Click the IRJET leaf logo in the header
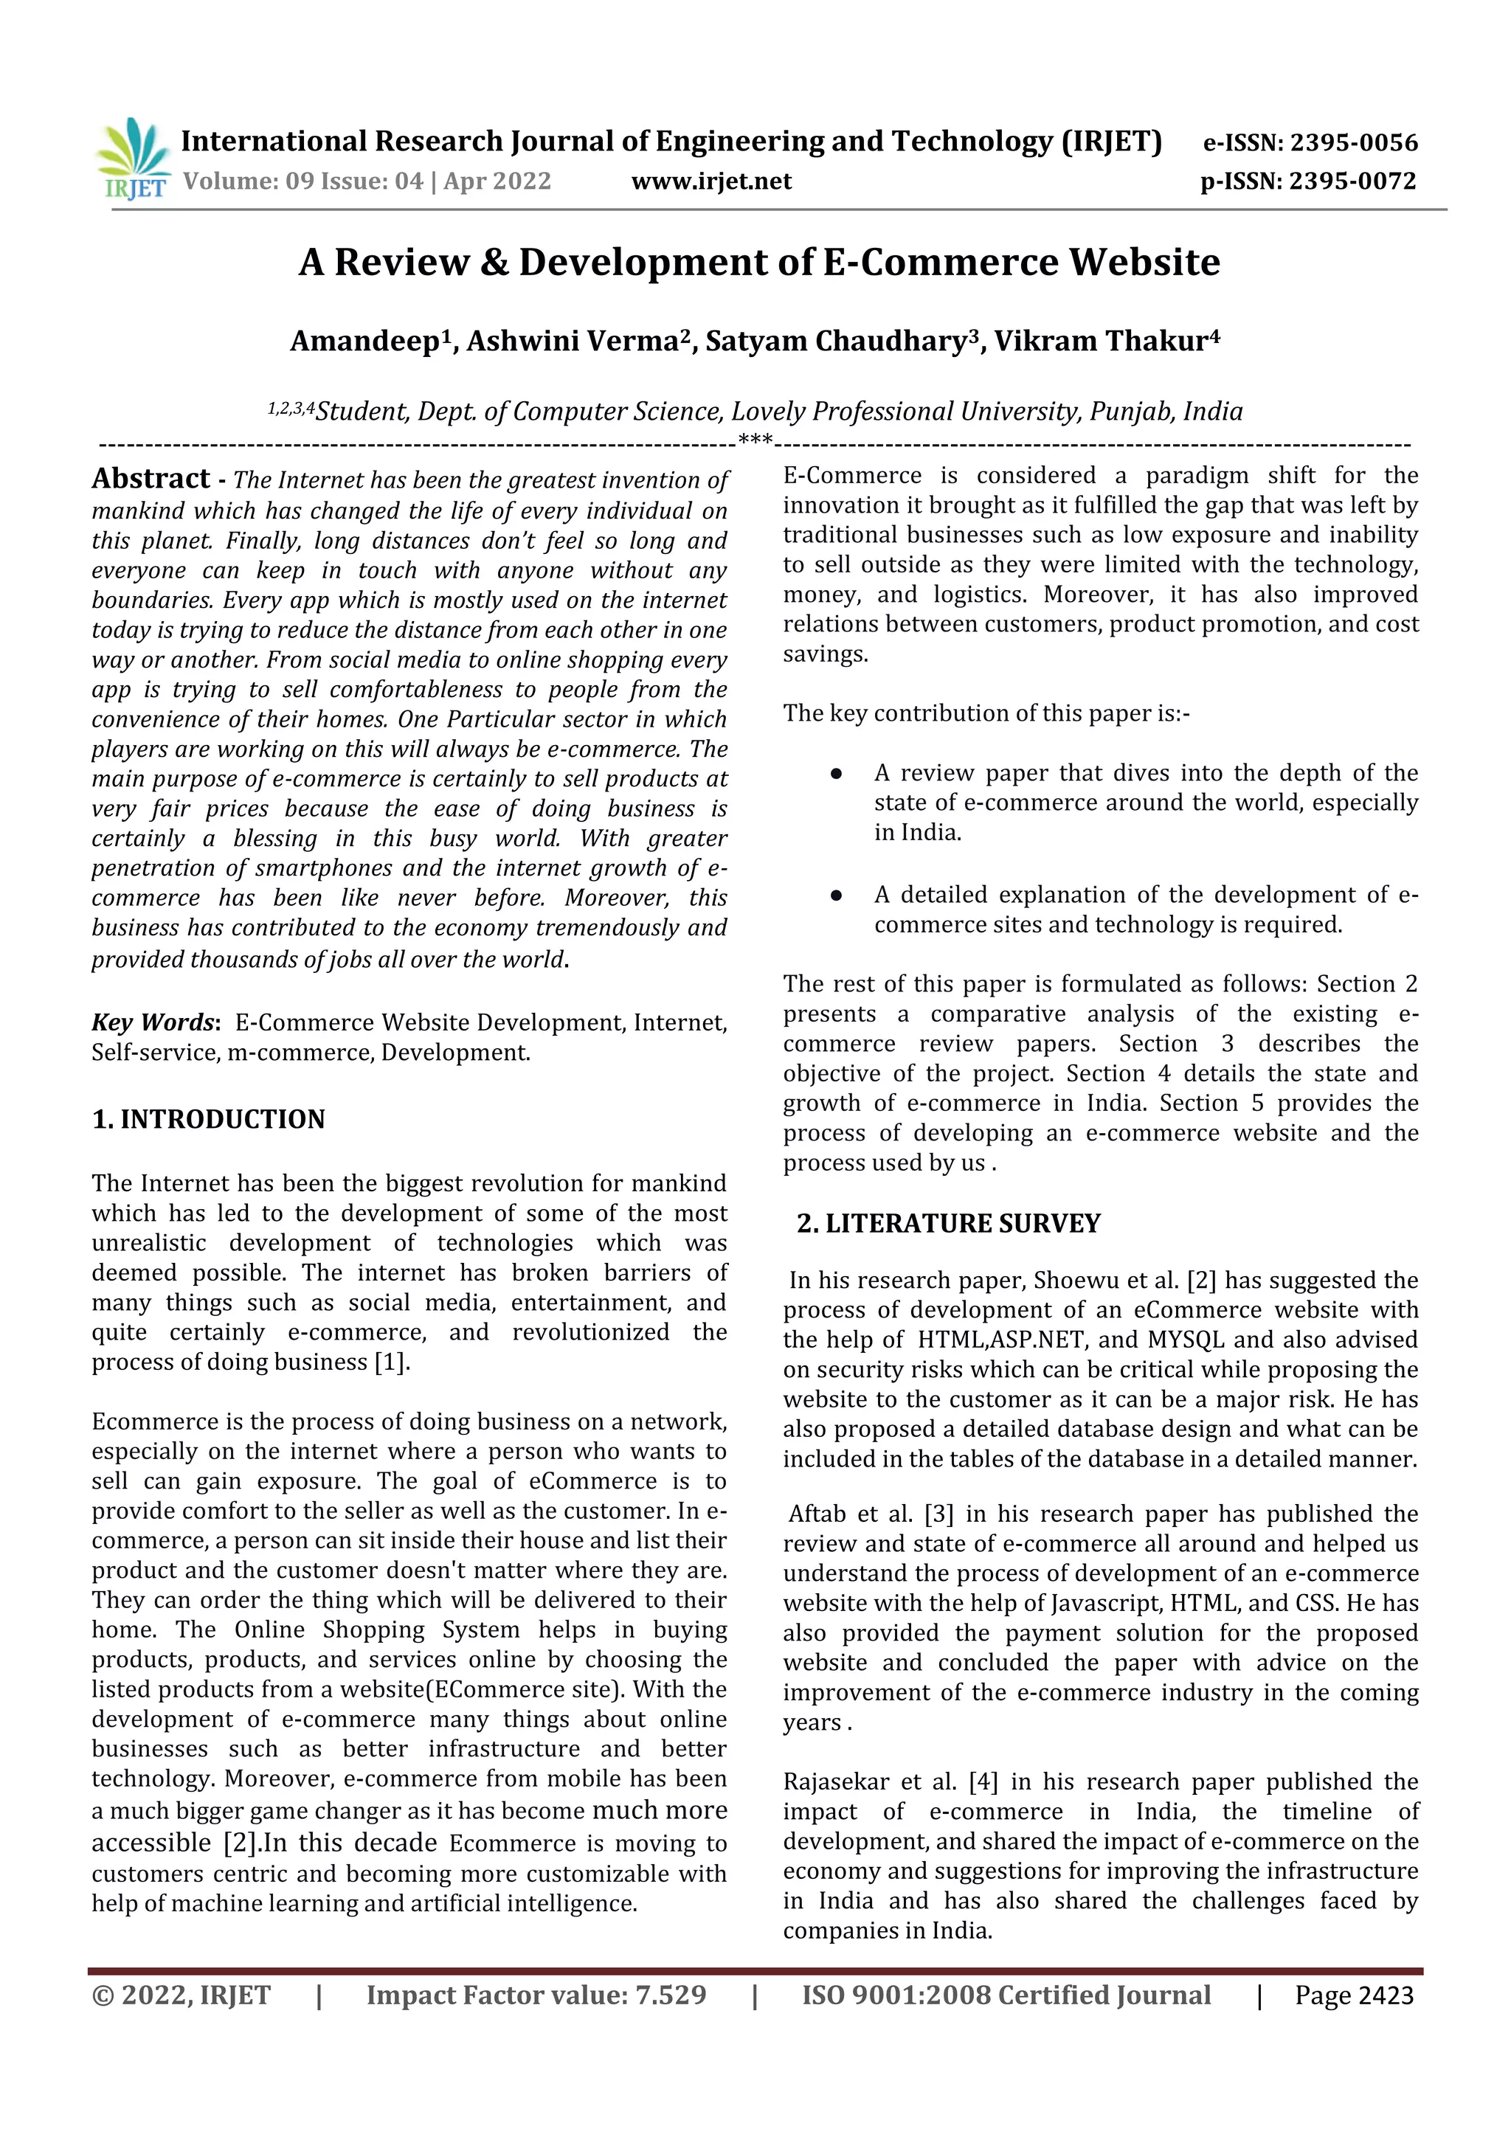pyautogui.click(x=133, y=158)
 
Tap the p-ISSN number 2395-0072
pyautogui.click(x=1352, y=181)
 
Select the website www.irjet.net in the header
pyautogui.click(x=711, y=181)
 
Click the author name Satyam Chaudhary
pyautogui.click(x=836, y=342)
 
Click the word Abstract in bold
pyautogui.click(x=151, y=479)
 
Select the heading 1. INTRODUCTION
pyautogui.click(x=209, y=1119)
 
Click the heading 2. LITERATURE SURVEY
pyautogui.click(x=948, y=1223)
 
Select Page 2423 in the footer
pyautogui.click(x=1354, y=1995)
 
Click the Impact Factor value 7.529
pyautogui.click(x=671, y=1995)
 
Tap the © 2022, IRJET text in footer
pyautogui.click(x=181, y=1995)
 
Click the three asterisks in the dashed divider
pyautogui.click(x=755, y=440)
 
